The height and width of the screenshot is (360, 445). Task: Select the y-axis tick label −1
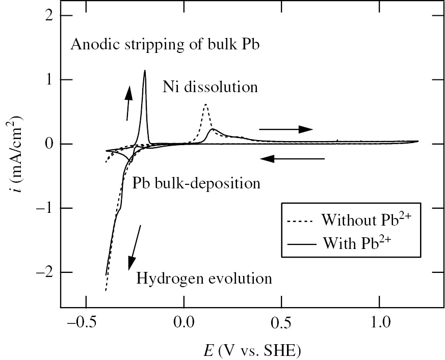tap(44, 208)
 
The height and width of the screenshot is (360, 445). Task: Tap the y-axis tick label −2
tap(44, 272)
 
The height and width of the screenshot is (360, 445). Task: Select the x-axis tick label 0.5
tap(281, 323)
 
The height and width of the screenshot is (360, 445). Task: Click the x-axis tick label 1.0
tap(379, 323)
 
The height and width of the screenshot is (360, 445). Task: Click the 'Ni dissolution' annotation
tap(210, 87)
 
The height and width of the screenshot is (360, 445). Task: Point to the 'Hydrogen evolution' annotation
tap(203, 279)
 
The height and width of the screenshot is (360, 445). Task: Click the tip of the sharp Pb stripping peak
tap(145, 71)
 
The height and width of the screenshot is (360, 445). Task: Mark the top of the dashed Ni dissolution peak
tap(205, 104)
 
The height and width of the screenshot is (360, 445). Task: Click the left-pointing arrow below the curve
tap(292, 159)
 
